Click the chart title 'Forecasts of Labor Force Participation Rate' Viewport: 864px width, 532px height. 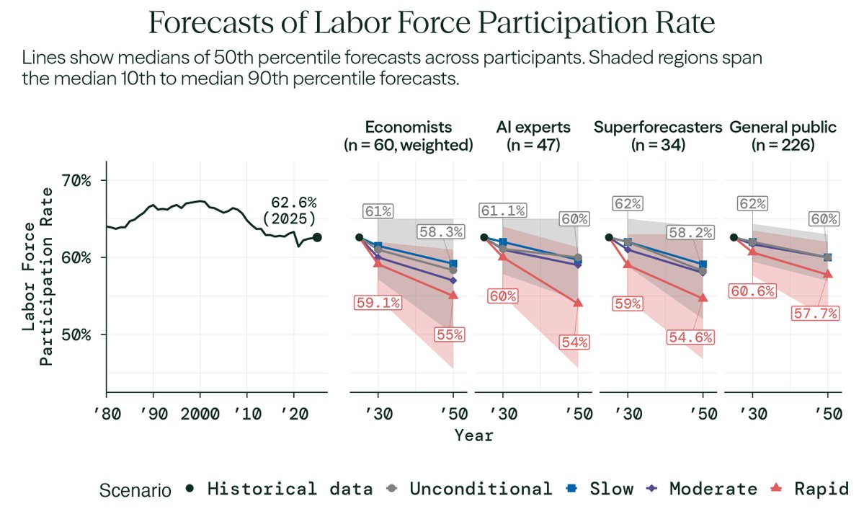point(432,24)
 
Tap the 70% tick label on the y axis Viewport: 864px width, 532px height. point(76,180)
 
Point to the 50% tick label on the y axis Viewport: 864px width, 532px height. point(76,334)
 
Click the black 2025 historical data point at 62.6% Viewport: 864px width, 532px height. point(317,237)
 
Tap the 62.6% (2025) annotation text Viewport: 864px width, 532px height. point(293,210)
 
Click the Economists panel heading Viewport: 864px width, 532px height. point(409,136)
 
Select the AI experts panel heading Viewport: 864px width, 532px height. point(534,136)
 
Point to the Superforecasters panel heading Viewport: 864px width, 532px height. point(658,136)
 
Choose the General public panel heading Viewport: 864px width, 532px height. point(783,136)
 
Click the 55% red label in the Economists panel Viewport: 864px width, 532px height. point(449,334)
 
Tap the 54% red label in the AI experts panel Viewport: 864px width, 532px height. point(574,343)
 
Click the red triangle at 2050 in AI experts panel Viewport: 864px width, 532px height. point(578,303)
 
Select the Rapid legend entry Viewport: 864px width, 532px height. point(810,489)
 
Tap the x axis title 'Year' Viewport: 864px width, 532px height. point(473,435)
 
